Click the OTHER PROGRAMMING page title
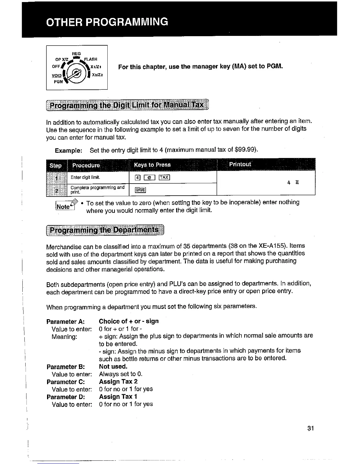pyautogui.click(x=107, y=22)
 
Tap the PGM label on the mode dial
pyautogui.click(x=58, y=81)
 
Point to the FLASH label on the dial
pyautogui.click(x=91, y=59)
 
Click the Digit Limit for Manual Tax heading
pyautogui.click(x=127, y=105)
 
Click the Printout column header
pyautogui.click(x=240, y=164)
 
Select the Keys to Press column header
pyautogui.click(x=152, y=165)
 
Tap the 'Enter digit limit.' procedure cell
pyautogui.click(x=85, y=177)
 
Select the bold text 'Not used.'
pyautogui.click(x=113, y=366)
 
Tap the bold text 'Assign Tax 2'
pyautogui.click(x=118, y=382)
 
